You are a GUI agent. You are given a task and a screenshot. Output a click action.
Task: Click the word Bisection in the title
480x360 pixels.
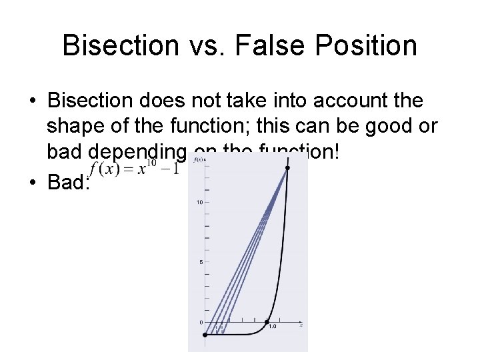click(x=119, y=46)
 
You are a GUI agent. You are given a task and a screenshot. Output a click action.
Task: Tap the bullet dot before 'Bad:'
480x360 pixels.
click(x=31, y=183)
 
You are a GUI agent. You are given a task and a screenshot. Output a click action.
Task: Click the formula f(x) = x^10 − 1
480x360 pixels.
click(x=134, y=168)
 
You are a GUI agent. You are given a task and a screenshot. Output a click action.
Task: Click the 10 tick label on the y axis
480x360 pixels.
click(x=199, y=202)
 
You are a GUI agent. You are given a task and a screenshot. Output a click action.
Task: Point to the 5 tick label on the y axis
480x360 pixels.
click(x=201, y=261)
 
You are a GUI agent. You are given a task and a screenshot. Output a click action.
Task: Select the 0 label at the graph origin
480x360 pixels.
click(x=201, y=322)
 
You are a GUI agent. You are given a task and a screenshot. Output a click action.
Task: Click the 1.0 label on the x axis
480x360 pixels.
click(x=272, y=325)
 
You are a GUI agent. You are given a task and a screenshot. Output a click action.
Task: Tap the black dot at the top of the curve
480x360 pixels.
click(x=288, y=168)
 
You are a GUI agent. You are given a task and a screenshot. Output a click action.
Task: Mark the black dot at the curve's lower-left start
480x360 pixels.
click(x=205, y=335)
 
